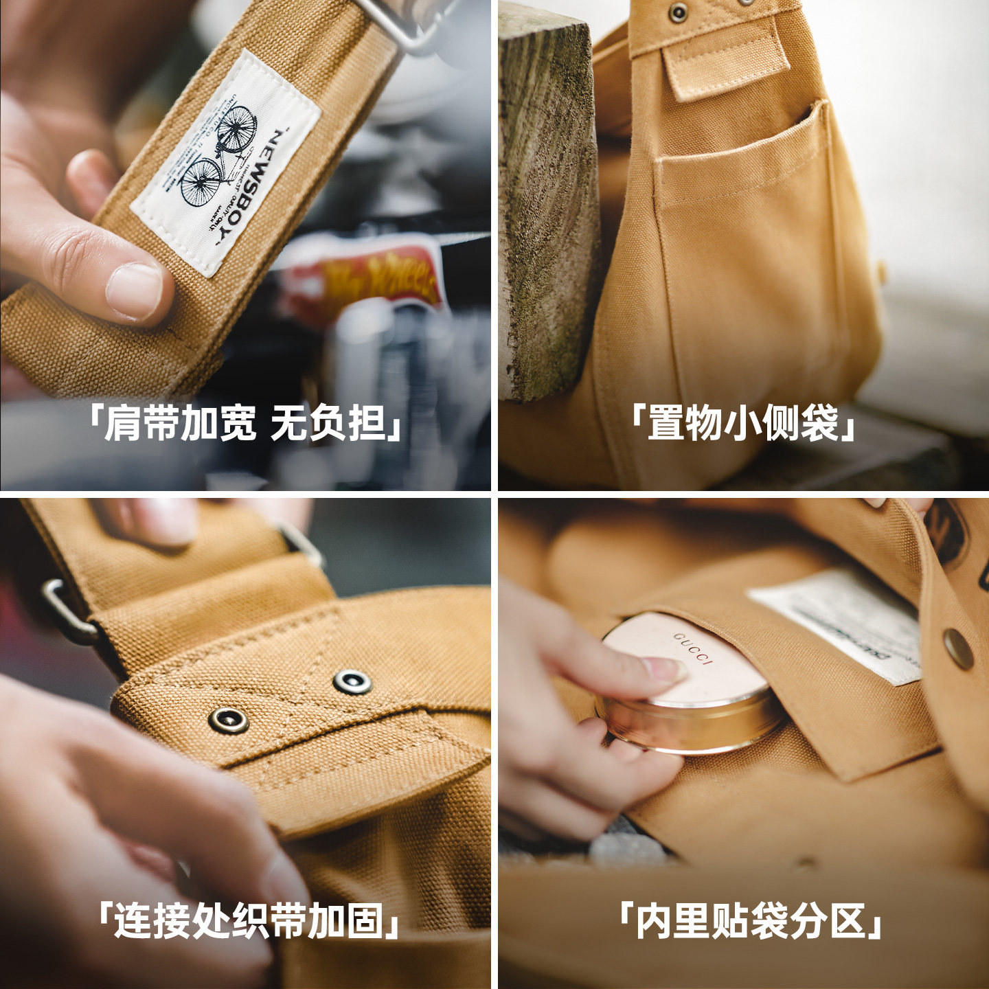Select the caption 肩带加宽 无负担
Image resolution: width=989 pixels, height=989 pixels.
[245, 423]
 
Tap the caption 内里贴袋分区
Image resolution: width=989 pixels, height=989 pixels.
[749, 920]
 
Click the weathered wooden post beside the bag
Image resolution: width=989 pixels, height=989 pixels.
[546, 206]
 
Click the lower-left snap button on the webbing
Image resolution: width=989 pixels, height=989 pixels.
[228, 720]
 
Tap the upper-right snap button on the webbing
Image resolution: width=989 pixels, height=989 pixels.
[352, 681]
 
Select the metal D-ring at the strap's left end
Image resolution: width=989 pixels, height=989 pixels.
[65, 611]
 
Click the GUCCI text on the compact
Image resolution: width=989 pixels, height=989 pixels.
[694, 649]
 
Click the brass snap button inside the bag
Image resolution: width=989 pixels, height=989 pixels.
[958, 648]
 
